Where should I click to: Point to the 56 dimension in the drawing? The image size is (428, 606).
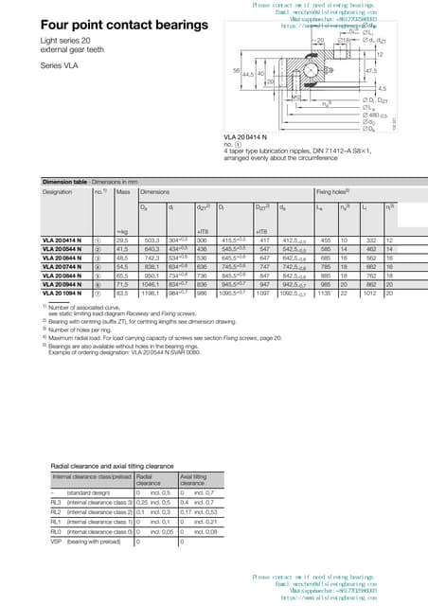coord(236,71)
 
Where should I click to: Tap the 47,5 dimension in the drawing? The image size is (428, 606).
coord(370,70)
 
